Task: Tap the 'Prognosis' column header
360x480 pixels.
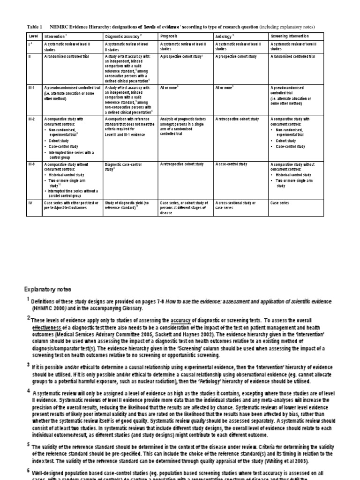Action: (x=169, y=36)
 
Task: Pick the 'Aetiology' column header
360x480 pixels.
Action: (x=225, y=36)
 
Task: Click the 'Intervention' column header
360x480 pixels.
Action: (x=56, y=36)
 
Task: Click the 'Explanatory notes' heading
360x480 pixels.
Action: (x=48, y=289)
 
